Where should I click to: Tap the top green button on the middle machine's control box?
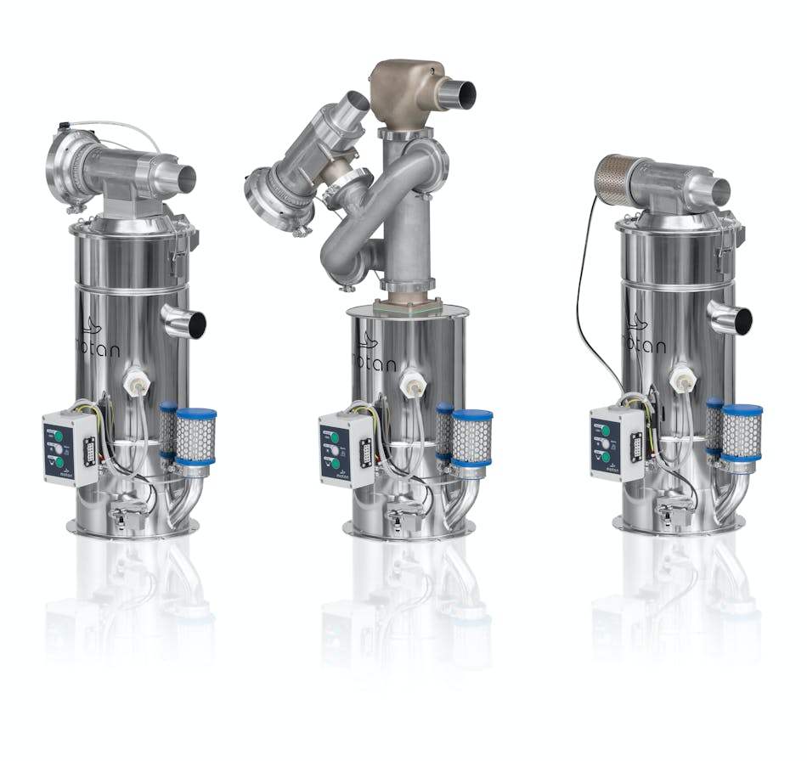click(x=335, y=432)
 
